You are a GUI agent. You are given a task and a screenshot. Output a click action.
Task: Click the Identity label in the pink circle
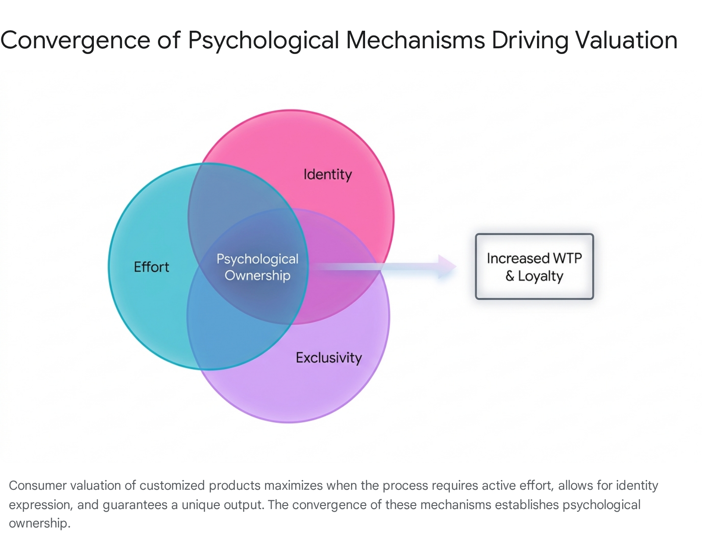tap(328, 175)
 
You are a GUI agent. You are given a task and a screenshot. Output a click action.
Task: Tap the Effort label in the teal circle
tap(151, 267)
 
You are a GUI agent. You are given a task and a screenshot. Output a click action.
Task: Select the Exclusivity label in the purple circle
tap(329, 358)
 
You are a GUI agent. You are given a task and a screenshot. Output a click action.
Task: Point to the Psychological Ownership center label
tap(258, 267)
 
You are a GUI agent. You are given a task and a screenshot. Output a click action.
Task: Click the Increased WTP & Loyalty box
tap(534, 266)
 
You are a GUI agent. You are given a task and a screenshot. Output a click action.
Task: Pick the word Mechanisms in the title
tap(415, 40)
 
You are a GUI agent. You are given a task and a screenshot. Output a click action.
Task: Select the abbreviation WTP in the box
tap(567, 258)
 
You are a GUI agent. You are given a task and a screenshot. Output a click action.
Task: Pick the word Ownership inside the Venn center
tap(258, 276)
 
